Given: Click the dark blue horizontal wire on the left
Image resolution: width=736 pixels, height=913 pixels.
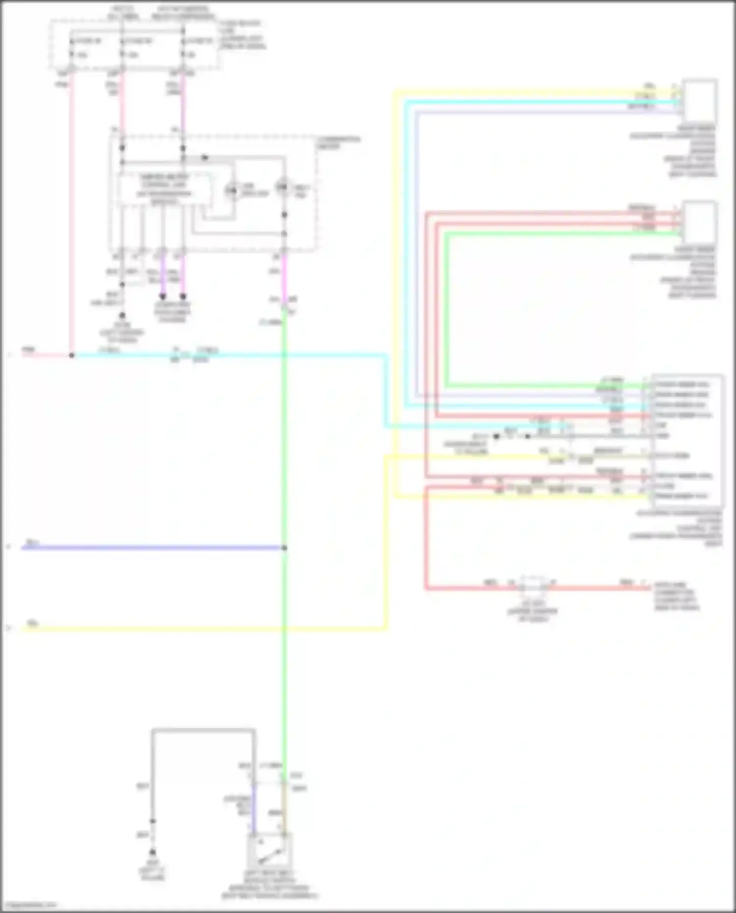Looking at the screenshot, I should pyautogui.click(x=147, y=548).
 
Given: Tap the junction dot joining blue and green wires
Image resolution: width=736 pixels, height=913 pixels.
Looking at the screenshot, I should pyautogui.click(x=284, y=548).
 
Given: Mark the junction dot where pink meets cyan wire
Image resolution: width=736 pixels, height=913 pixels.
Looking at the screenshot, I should pyautogui.click(x=72, y=355).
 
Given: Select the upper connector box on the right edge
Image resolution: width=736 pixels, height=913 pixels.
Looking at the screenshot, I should pyautogui.click(x=699, y=100).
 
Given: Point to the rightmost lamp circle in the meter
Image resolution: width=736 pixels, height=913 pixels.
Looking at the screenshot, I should pyautogui.click(x=283, y=187).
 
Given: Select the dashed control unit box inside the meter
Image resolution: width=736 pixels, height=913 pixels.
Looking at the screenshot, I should pyautogui.click(x=165, y=189).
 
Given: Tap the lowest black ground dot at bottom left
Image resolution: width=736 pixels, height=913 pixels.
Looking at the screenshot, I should pyautogui.click(x=153, y=852).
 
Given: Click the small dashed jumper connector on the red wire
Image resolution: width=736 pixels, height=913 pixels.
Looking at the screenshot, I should pyautogui.click(x=533, y=585).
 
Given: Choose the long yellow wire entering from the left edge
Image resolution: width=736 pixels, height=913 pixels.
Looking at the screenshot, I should pyautogui.click(x=196, y=628).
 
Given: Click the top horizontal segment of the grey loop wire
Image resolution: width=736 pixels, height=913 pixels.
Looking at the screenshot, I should pyautogui.click(x=203, y=730).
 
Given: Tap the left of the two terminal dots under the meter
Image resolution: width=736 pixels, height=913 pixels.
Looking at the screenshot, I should pyautogui.click(x=163, y=296).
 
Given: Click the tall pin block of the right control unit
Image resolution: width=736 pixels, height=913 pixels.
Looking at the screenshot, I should pyautogui.click(x=687, y=440).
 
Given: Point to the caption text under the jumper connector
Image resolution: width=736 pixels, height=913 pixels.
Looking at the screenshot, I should pyautogui.click(x=532, y=611).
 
